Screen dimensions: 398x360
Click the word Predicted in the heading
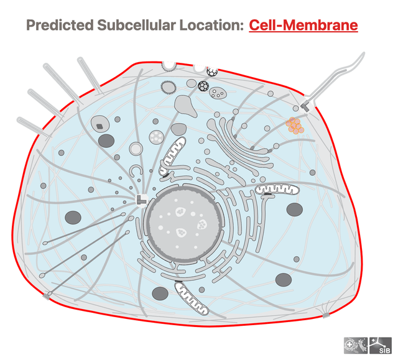tap(60, 25)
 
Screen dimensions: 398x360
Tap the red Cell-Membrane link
tap(303, 25)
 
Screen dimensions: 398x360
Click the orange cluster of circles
tap(295, 126)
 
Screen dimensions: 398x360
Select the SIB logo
tap(381, 345)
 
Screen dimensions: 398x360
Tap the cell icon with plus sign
tap(356, 345)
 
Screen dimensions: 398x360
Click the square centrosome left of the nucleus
tap(141, 200)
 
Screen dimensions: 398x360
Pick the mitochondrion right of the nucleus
tap(277, 189)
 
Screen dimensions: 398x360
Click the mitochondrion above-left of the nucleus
tap(172, 156)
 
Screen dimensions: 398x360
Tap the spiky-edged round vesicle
tap(169, 88)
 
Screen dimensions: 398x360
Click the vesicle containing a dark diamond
tap(100, 124)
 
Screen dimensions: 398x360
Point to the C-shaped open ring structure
tap(136, 171)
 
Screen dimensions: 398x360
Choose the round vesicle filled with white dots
tap(156, 137)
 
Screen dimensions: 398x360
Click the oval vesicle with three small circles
tap(218, 93)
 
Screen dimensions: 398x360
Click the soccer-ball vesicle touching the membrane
tap(212, 72)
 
